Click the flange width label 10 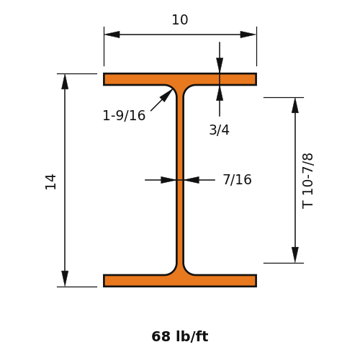tap(180, 19)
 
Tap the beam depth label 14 tap(50, 182)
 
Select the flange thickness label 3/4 tap(219, 130)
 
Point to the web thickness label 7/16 tap(237, 179)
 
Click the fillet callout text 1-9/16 tap(124, 115)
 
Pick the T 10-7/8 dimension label tap(307, 181)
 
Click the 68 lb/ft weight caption tap(180, 336)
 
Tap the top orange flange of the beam tap(180, 79)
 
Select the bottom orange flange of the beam tap(180, 281)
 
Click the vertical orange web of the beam tap(180, 180)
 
